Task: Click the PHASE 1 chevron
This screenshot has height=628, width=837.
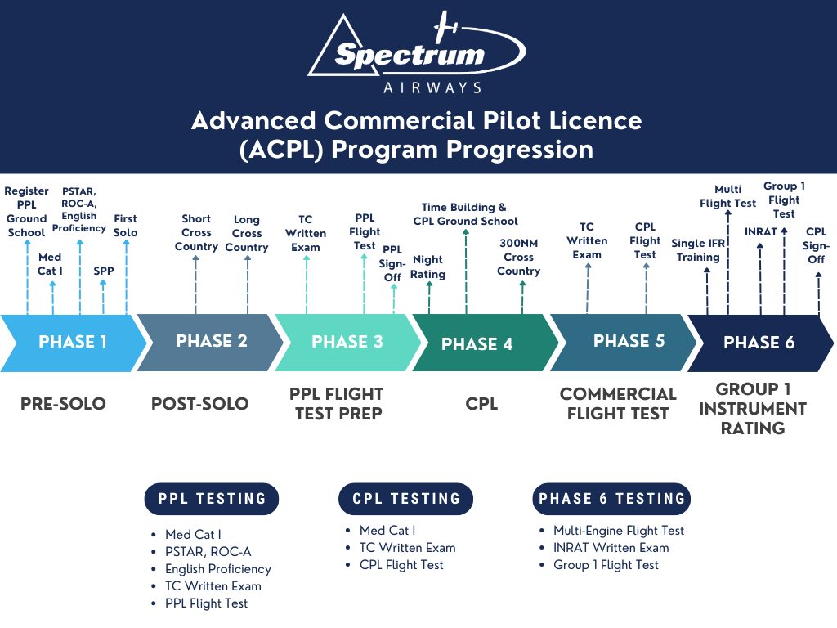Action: click(x=72, y=343)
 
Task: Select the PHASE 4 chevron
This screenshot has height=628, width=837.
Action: click(x=477, y=343)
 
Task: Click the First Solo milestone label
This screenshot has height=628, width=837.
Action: click(x=126, y=226)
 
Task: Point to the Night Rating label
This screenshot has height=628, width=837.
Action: click(x=428, y=267)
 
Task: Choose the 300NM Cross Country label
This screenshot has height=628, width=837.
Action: click(x=519, y=257)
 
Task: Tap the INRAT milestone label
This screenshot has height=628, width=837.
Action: click(x=760, y=231)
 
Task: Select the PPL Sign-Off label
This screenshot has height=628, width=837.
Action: click(x=393, y=263)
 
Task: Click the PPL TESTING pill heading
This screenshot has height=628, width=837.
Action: click(x=212, y=499)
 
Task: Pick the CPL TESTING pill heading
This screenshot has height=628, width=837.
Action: click(x=406, y=499)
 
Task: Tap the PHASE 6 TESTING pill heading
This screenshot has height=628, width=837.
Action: click(x=611, y=499)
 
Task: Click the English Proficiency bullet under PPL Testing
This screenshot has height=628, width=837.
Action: click(x=217, y=569)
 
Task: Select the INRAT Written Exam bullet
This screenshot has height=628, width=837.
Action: click(x=611, y=548)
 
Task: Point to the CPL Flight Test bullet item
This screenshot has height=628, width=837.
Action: click(x=401, y=565)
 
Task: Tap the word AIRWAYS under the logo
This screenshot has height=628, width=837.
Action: click(x=432, y=87)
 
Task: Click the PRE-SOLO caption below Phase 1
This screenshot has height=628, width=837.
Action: click(x=63, y=403)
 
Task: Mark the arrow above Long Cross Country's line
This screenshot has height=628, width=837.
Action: click(x=247, y=259)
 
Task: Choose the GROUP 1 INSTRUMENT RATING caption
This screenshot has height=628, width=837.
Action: click(x=752, y=408)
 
